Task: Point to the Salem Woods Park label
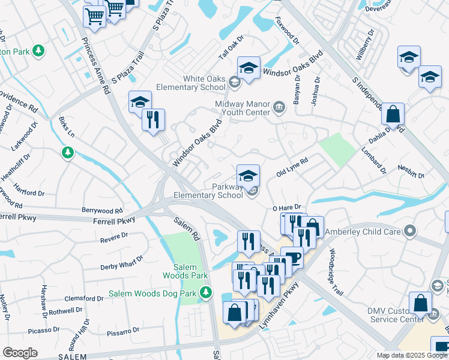click(x=185, y=270)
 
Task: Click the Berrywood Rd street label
click(x=102, y=211)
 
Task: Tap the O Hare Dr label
click(x=285, y=208)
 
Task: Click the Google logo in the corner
click(x=20, y=353)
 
